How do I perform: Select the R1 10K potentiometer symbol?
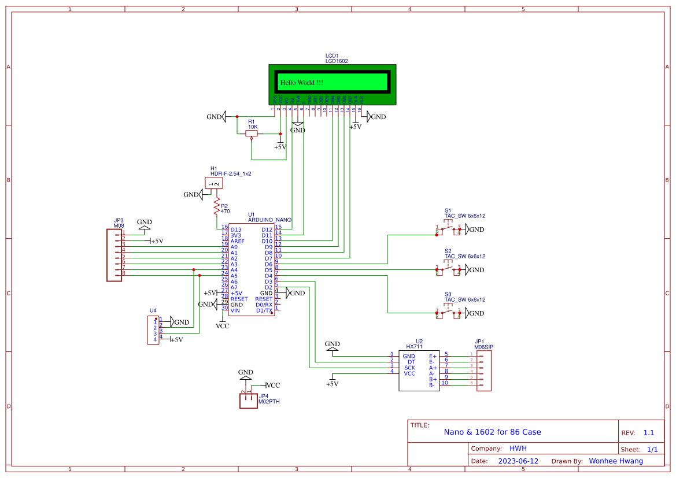pyautogui.click(x=252, y=134)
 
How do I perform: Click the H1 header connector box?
pyautogui.click(x=214, y=183)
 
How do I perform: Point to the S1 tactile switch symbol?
pyautogui.click(x=448, y=230)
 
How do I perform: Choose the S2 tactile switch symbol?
pyautogui.click(x=448, y=270)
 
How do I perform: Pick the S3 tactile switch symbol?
pyautogui.click(x=448, y=313)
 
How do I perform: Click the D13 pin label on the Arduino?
pyautogui.click(x=235, y=229)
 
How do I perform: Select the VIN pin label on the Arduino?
pyautogui.click(x=235, y=310)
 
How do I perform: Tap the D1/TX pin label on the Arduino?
pyautogui.click(x=264, y=310)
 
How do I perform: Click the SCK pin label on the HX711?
pyautogui.click(x=409, y=368)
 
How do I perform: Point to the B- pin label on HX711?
pyautogui.click(x=433, y=385)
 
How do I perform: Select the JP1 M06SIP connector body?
pyautogui.click(x=484, y=370)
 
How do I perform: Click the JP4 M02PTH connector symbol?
pyautogui.click(x=248, y=401)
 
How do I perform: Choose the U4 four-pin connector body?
pyautogui.click(x=153, y=331)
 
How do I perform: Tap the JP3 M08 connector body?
pyautogui.click(x=114, y=255)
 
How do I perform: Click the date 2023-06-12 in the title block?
pyautogui.click(x=518, y=461)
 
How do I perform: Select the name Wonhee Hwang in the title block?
pyautogui.click(x=615, y=461)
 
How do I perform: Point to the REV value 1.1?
pyautogui.click(x=649, y=433)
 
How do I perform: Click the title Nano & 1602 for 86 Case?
pyautogui.click(x=492, y=432)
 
